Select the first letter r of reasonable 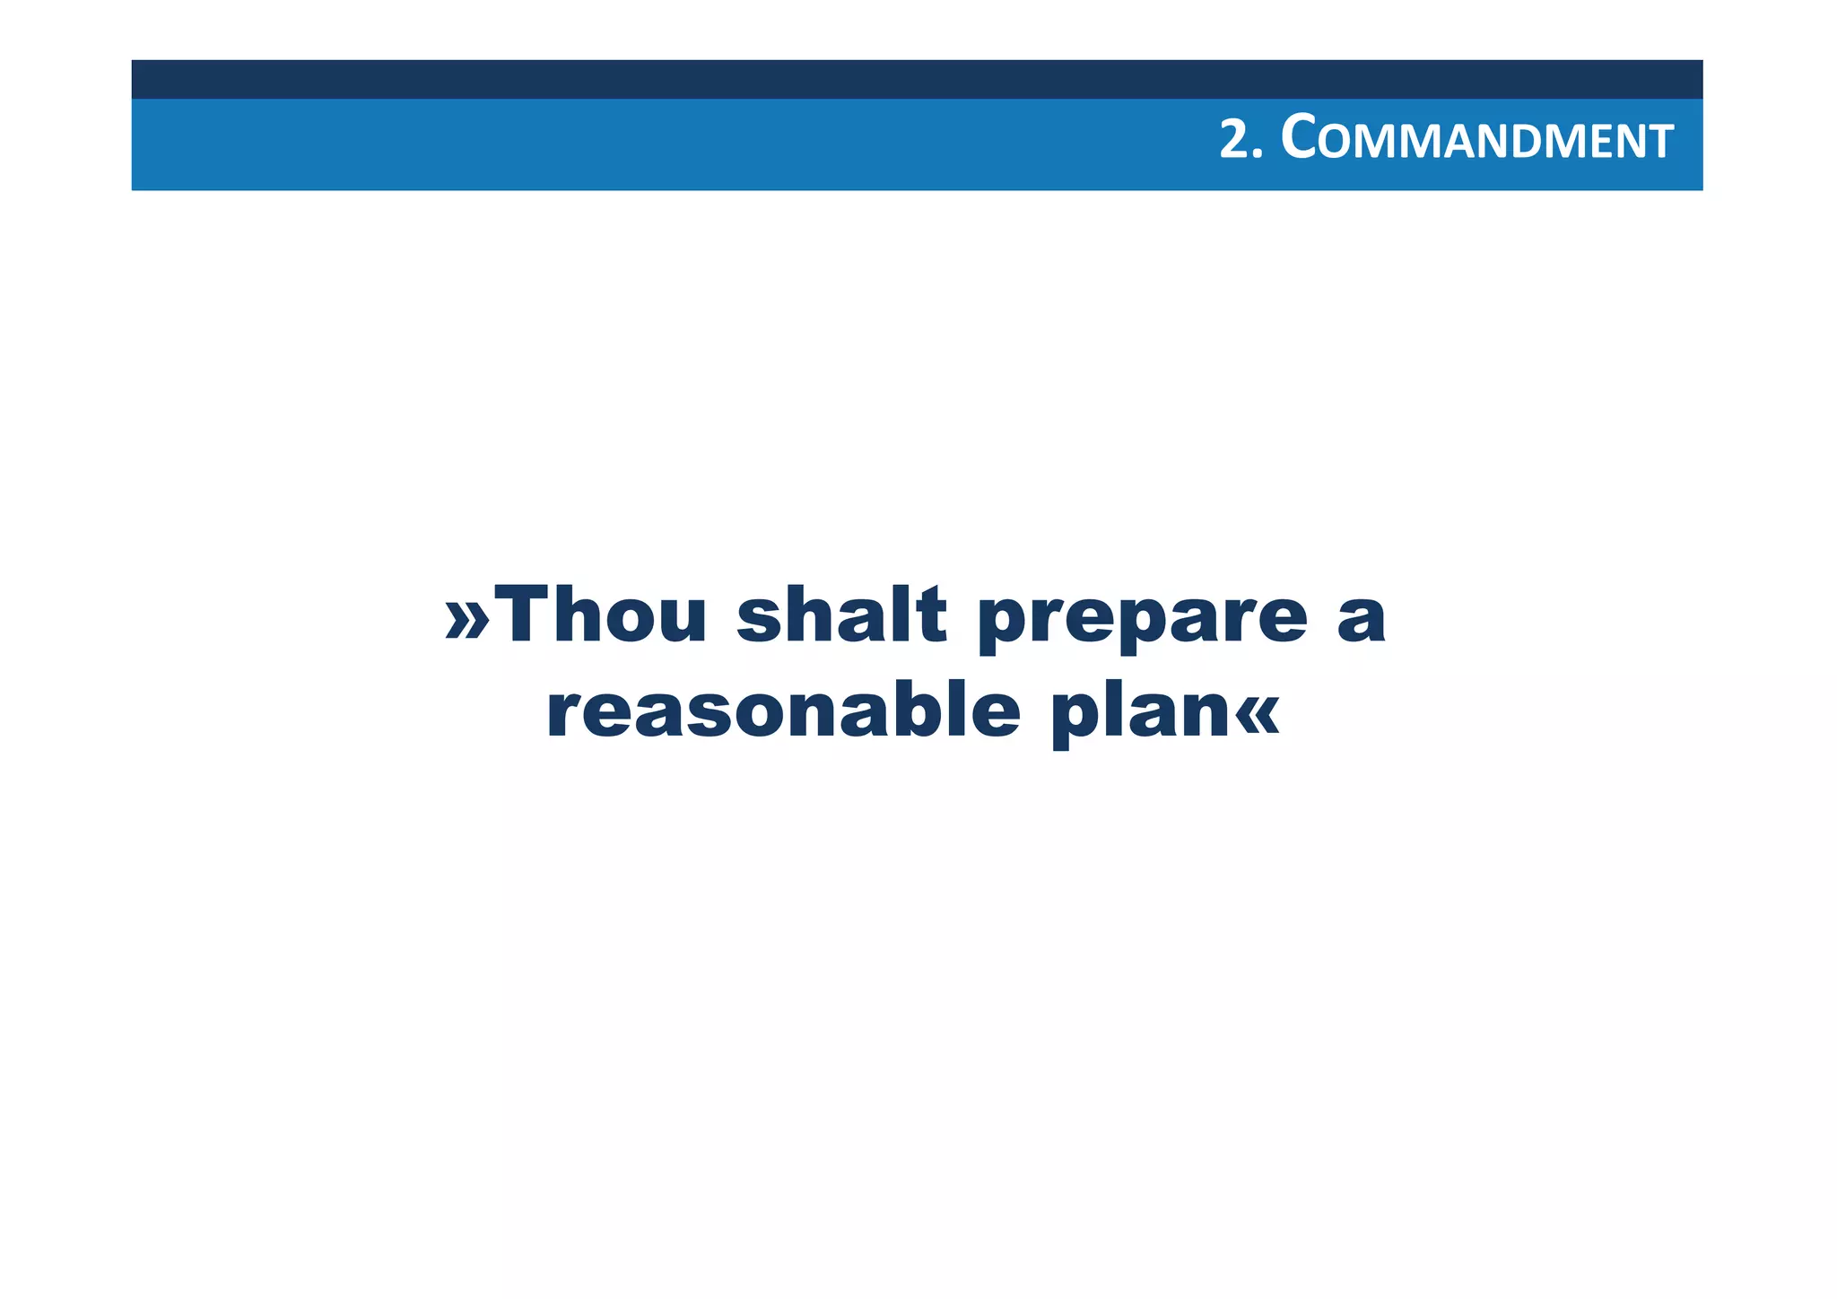point(563,716)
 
